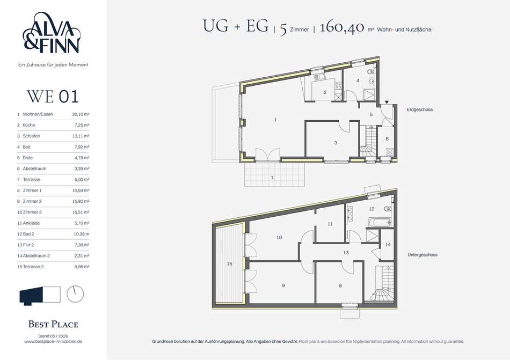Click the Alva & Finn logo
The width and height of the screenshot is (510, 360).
[52, 33]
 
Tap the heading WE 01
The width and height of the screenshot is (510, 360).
[53, 97]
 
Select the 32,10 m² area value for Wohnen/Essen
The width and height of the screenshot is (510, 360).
[81, 114]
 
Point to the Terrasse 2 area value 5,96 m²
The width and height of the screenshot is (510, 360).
[82, 267]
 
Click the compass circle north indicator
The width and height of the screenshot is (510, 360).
[75, 294]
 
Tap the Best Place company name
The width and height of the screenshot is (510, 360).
[53, 324]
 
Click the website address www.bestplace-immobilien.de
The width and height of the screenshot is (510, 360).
[53, 341]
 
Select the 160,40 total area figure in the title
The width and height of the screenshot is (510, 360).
[342, 27]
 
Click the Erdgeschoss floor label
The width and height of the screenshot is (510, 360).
[420, 110]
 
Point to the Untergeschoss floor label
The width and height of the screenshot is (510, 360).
[422, 255]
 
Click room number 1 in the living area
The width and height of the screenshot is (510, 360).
[275, 120]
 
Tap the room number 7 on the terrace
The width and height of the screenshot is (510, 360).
[272, 178]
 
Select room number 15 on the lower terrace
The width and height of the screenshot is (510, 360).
[230, 264]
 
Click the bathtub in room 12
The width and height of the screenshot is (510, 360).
[380, 222]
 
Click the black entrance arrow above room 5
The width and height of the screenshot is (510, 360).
[387, 102]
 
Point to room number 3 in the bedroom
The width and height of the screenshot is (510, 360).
[336, 143]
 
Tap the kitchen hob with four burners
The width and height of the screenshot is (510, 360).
[338, 86]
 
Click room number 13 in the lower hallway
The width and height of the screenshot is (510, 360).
[346, 253]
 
